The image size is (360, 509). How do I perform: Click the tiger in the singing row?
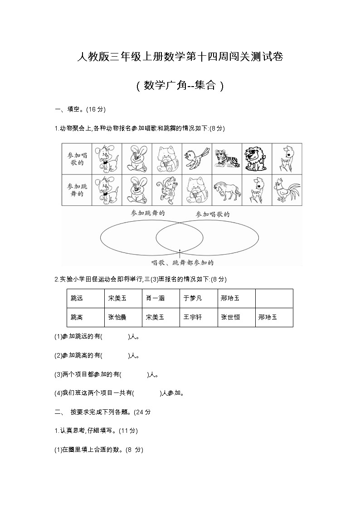coord(227,158)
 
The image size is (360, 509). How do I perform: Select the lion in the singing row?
coord(257,158)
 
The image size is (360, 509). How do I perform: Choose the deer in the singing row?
coord(287,158)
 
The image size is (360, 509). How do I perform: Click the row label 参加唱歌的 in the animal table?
coord(77,158)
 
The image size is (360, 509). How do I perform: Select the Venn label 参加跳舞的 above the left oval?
coord(147,213)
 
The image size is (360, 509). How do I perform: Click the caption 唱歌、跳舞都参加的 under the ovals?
coord(182,262)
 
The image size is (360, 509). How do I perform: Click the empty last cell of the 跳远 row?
coord(274,298)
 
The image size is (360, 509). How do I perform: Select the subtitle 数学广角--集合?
coord(180,86)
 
